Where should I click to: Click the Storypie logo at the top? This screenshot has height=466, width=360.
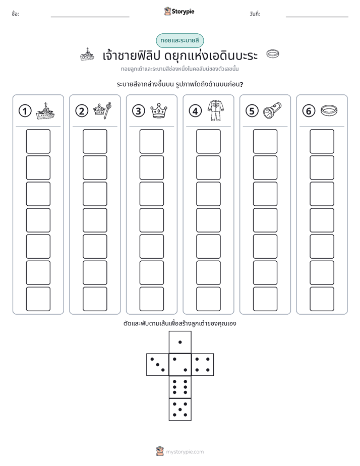click(x=179, y=11)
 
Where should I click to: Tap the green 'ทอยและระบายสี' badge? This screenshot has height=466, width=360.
click(x=179, y=40)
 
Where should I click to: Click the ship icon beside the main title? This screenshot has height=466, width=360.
click(x=87, y=54)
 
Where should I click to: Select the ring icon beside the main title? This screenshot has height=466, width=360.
click(x=273, y=53)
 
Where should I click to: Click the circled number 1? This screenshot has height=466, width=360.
click(x=25, y=111)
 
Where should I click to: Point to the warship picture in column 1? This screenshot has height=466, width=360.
click(x=45, y=111)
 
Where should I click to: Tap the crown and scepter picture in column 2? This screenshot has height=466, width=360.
click(x=102, y=110)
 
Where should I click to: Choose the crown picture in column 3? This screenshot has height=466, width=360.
click(x=159, y=111)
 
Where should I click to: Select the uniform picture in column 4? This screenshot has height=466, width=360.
click(x=216, y=110)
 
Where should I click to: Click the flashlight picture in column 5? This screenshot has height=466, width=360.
click(x=272, y=110)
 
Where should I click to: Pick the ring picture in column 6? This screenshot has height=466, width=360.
click(x=329, y=110)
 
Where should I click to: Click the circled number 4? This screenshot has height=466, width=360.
click(x=195, y=111)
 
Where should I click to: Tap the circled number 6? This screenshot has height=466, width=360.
click(x=309, y=111)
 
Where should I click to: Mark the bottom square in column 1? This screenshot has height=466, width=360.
click(x=38, y=299)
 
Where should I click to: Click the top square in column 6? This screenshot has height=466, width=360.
click(x=322, y=141)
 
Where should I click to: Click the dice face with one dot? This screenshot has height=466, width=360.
click(x=180, y=342)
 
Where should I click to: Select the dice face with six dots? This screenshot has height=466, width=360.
click(x=180, y=387)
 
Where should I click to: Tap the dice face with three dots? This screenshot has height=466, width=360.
click(x=158, y=364)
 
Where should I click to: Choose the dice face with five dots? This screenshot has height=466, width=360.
click(x=180, y=410)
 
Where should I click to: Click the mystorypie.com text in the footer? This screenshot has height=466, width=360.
click(x=185, y=452)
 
